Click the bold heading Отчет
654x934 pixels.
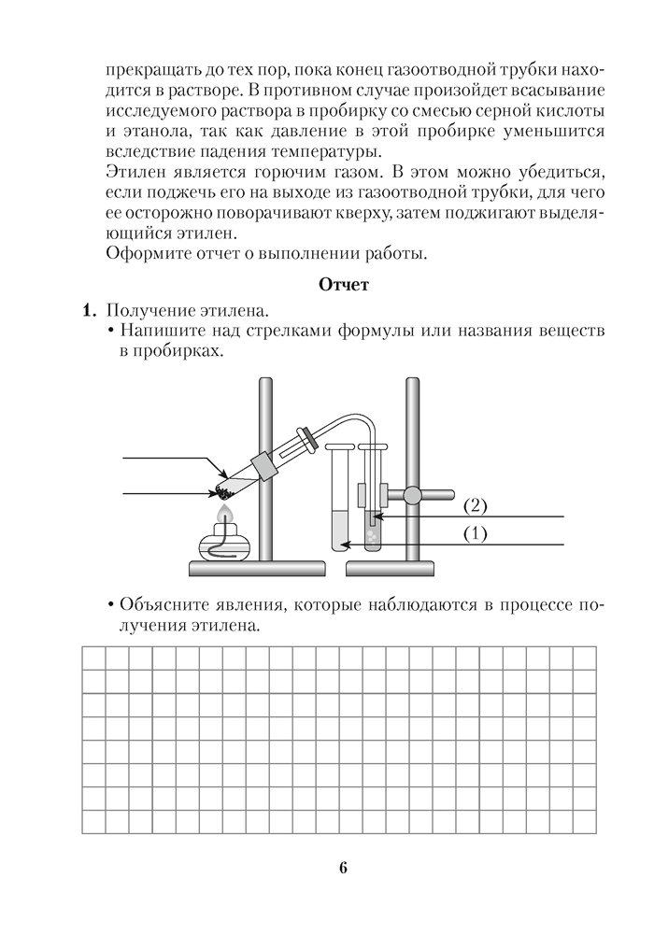click(344, 286)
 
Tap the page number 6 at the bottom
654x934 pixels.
click(343, 868)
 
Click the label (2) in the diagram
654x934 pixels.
click(476, 506)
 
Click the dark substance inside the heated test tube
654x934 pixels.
click(224, 488)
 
